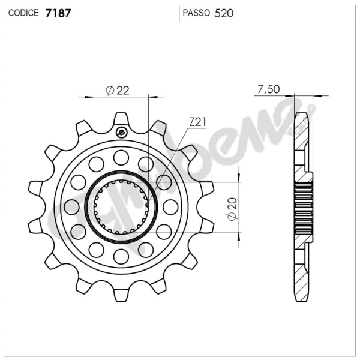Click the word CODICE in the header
(x=24, y=13)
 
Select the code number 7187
(x=58, y=13)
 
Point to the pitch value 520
(x=224, y=13)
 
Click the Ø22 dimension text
(x=118, y=90)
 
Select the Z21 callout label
(x=197, y=122)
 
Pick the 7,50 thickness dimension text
(x=268, y=89)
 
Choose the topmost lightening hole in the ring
(x=121, y=158)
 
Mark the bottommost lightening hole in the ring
(x=121, y=257)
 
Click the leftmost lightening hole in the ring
(x=72, y=207)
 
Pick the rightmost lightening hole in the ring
(x=171, y=207)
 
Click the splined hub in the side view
(x=304, y=207)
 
